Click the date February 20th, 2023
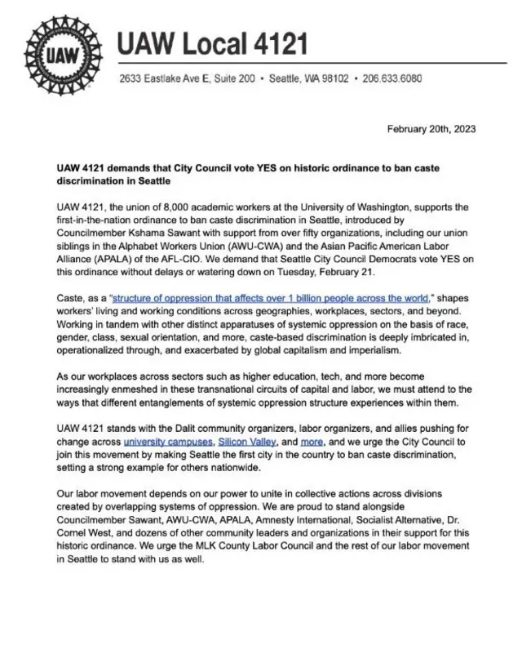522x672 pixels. (431, 129)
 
